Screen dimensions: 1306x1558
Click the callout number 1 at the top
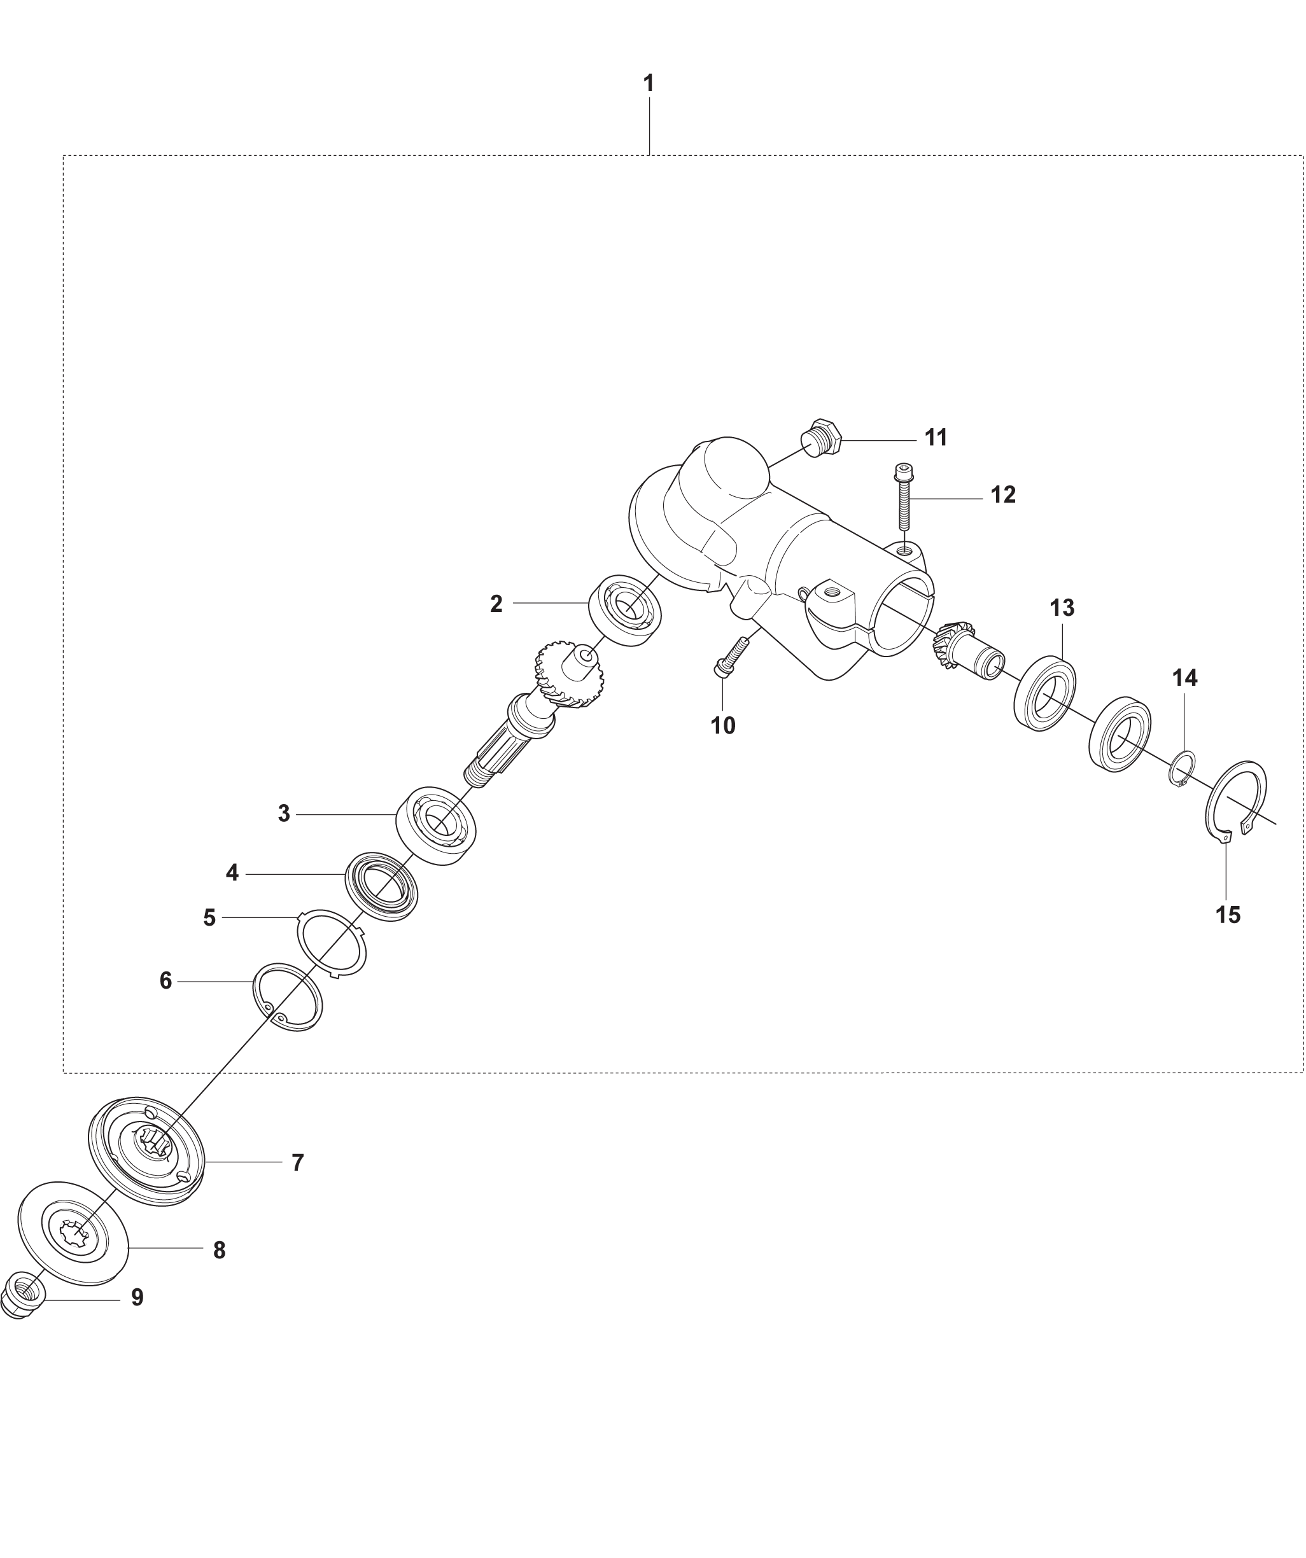click(649, 83)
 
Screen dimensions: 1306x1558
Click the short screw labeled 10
click(730, 657)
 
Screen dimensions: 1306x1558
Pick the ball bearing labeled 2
click(625, 611)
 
